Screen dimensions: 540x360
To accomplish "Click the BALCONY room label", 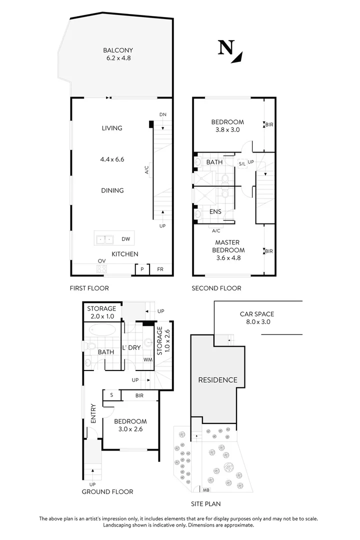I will click(118, 50).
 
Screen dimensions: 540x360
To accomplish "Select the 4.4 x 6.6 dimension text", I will click(112, 159).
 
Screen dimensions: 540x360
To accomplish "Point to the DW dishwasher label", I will click(125, 239).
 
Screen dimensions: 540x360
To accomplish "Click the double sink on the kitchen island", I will click(105, 239).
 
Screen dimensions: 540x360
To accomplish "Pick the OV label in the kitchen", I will click(101, 261).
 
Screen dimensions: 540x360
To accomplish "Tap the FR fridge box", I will click(160, 269).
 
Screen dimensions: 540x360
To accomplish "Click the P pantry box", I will click(142, 269).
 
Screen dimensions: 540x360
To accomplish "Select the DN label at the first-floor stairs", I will click(162, 114).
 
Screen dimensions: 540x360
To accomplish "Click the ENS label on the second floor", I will click(215, 211).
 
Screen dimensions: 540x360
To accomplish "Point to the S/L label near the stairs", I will click(242, 163).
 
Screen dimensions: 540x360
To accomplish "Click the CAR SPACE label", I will click(256, 314).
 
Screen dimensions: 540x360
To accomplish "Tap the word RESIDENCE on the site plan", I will click(217, 380).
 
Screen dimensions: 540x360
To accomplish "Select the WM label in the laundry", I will click(147, 359).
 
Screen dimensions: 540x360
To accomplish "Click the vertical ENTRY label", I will click(93, 413).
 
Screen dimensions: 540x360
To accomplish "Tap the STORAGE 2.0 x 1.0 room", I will click(101, 312).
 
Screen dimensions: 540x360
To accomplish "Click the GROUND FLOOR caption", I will click(107, 491).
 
